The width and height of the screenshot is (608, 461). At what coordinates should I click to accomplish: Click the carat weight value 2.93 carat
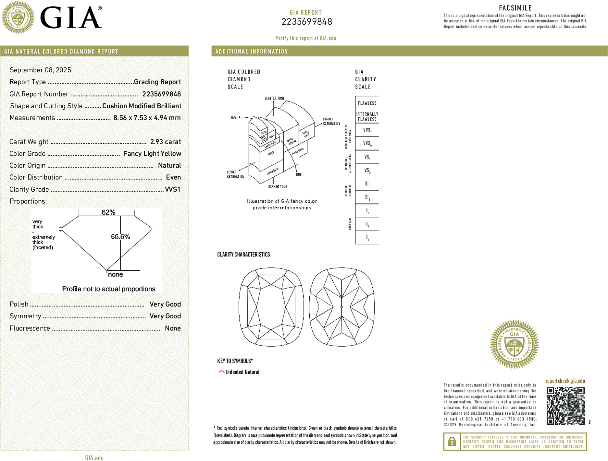pos(166,142)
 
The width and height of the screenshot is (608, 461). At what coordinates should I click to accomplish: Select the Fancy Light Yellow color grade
pos(152,154)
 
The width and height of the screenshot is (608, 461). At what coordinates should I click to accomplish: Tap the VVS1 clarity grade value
pos(172,189)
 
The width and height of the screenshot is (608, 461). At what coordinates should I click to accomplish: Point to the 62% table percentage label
pos(108,212)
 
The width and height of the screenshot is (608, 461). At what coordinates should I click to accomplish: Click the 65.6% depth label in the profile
pos(120,237)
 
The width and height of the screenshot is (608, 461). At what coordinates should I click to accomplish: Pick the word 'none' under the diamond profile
pos(116,275)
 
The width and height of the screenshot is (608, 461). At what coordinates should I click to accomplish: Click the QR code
pos(565,406)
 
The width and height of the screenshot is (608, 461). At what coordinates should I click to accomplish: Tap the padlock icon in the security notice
pos(452,442)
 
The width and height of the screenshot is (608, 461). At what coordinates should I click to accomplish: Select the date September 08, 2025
pos(40,70)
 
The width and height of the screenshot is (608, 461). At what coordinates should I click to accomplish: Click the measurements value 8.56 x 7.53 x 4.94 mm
pos(147,118)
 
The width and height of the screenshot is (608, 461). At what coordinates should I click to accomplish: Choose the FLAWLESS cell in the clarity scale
pos(367,103)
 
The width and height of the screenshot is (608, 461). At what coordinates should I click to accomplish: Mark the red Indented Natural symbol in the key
pos(222,372)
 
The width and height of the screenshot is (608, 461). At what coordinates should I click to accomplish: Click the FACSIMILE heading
pos(515,8)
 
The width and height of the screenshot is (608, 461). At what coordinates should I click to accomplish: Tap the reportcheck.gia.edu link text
pos(565,381)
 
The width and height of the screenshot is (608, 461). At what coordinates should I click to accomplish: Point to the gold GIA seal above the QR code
pos(514,344)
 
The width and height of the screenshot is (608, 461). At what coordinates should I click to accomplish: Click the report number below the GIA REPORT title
pos(307,22)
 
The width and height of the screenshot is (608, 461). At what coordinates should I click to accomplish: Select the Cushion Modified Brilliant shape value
pos(142,106)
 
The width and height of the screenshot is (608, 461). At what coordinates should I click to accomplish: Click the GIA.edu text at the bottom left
pos(94,458)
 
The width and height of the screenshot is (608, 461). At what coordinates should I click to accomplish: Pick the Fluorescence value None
pos(173,328)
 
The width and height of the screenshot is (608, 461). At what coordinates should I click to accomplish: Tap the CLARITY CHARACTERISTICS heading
pos(243,254)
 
